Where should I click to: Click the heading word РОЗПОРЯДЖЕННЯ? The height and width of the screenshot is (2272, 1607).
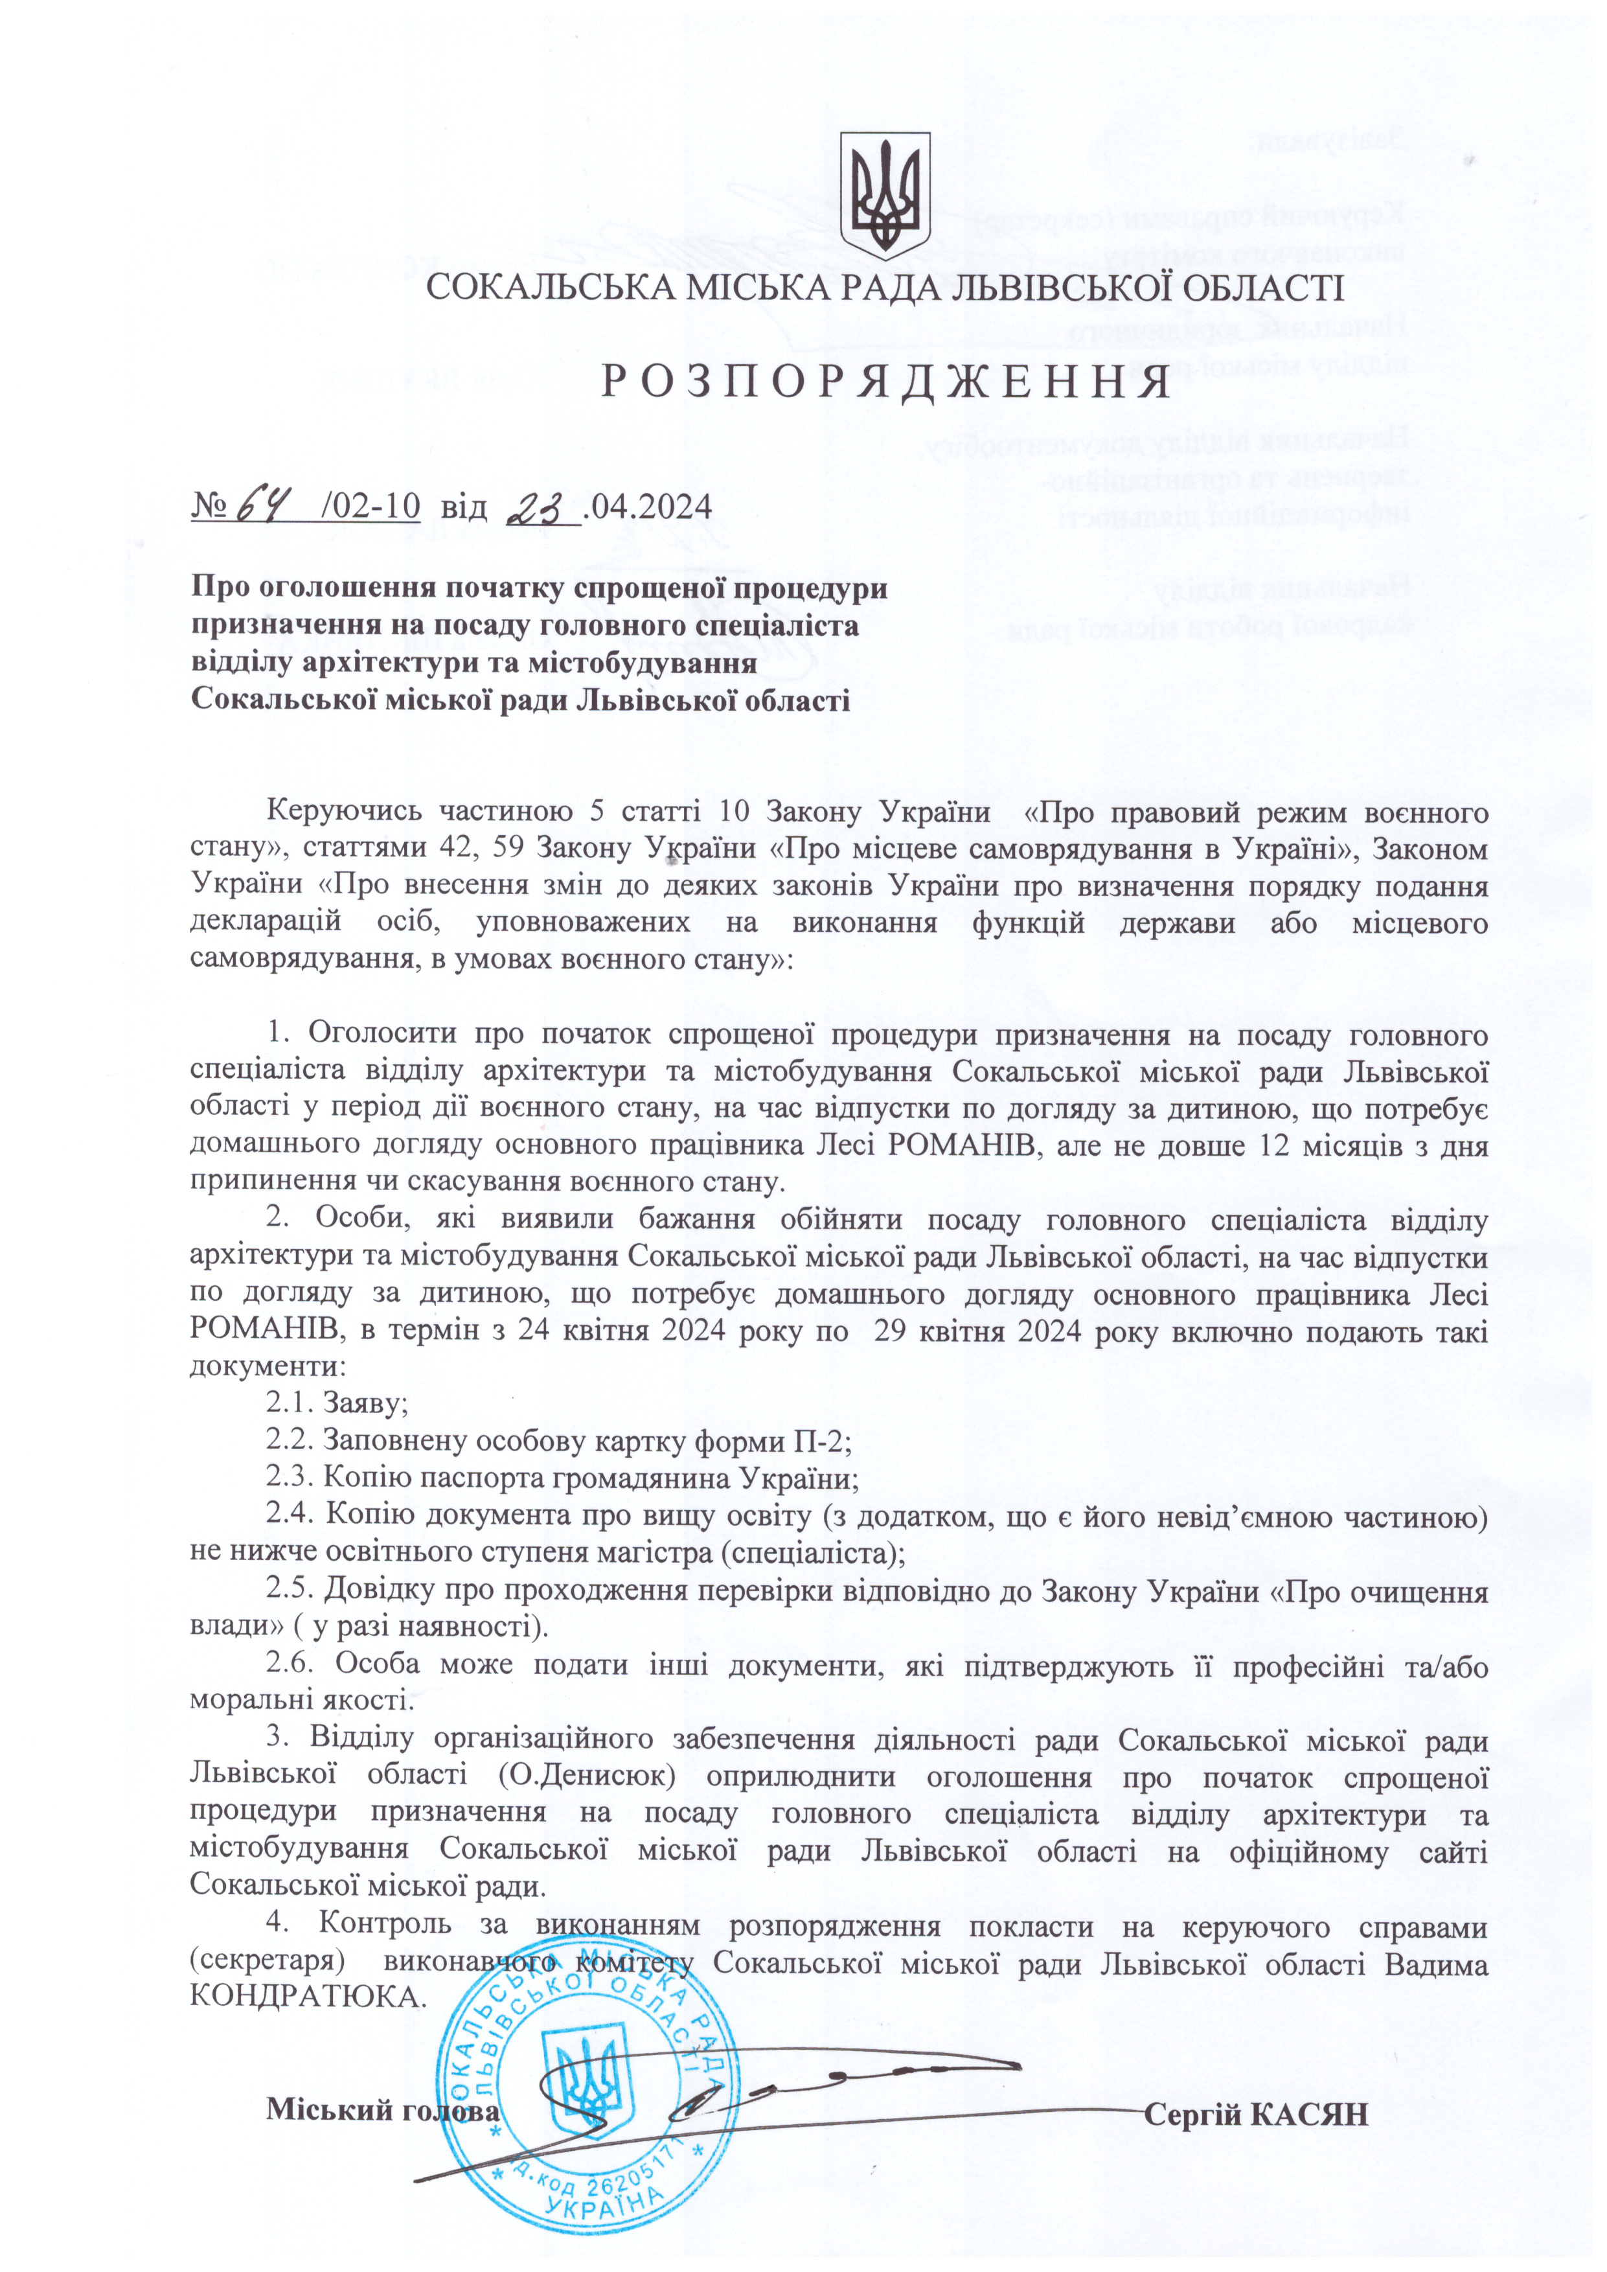click(885, 383)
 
